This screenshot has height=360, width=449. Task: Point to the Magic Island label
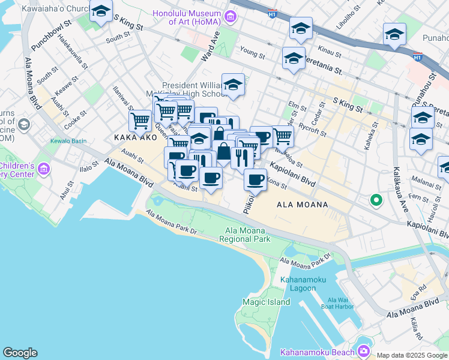[266, 302]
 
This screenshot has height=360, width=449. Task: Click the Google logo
[20, 353]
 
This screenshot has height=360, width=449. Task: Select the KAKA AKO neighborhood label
[131, 138]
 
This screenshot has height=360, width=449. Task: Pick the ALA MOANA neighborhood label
[303, 205]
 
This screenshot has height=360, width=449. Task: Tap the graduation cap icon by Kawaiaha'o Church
[101, 11]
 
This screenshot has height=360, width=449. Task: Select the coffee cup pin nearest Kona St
[255, 179]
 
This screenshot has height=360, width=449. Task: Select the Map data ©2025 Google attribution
[412, 355]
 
